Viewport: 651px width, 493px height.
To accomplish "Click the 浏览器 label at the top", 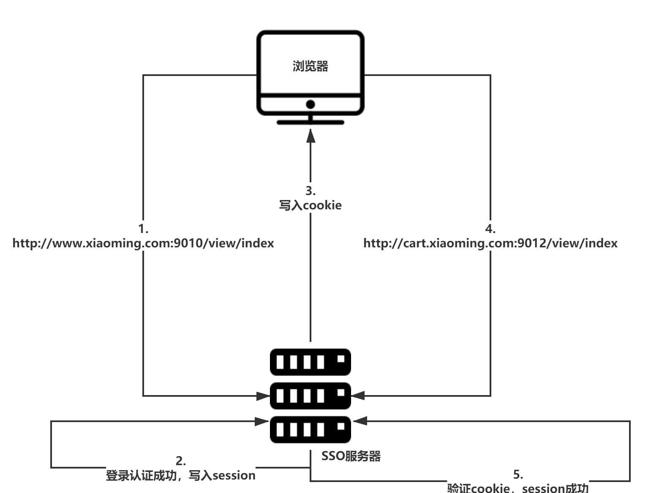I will coord(311,66).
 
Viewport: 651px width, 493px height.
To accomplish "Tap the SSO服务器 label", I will coord(351,456).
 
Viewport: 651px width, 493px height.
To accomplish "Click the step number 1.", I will coord(143,229).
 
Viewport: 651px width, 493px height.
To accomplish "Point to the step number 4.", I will coord(490,229).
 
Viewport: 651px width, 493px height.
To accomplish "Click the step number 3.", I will coord(311,191).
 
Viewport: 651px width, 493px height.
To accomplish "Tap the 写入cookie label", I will coord(311,206).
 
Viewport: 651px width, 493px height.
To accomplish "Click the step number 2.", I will coord(181,460).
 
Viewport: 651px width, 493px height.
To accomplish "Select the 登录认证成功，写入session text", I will coord(181,476).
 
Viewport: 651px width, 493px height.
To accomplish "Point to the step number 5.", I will coord(518,474).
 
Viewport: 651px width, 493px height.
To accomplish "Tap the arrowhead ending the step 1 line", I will coord(264,396).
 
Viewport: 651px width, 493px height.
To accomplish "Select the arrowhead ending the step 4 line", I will coord(357,396).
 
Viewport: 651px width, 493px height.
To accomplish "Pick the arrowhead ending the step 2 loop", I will coord(262,421).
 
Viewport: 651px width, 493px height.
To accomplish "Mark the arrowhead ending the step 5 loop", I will coord(360,421).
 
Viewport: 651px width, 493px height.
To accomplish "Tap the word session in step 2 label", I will coord(234,476).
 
